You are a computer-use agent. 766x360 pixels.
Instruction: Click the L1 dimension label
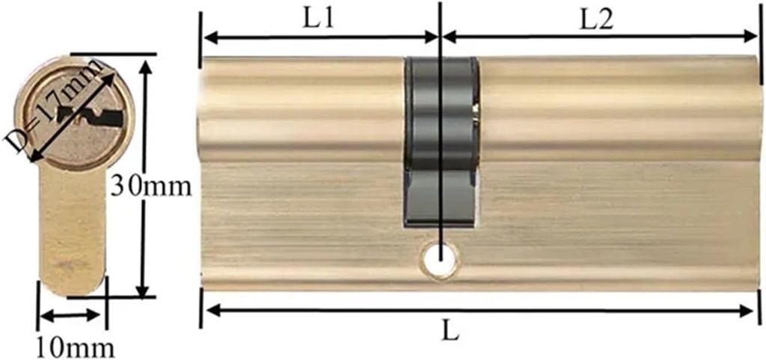(317, 19)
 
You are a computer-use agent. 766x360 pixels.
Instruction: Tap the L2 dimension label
(597, 19)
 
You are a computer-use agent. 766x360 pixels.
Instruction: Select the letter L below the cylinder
(449, 330)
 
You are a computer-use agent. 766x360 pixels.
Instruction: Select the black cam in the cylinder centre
(441, 142)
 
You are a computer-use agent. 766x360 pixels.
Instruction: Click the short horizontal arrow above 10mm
(70, 315)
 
